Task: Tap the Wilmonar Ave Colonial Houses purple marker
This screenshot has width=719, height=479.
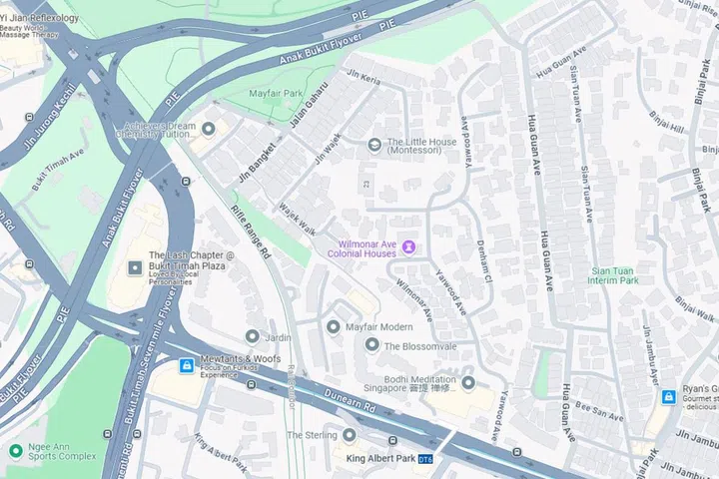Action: [408, 247]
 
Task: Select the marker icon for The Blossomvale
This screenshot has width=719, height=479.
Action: [371, 345]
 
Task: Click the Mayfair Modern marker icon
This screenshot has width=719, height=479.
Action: [334, 327]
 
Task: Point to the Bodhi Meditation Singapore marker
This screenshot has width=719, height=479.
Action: [467, 383]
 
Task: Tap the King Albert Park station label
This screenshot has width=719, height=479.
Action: [379, 458]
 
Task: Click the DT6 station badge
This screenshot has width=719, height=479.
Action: [425, 459]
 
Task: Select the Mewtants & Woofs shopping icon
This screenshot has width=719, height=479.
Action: [186, 366]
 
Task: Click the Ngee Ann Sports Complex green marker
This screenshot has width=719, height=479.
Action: [15, 450]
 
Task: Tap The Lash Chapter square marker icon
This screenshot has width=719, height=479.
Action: [136, 268]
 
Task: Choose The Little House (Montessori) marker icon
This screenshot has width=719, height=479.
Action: [374, 145]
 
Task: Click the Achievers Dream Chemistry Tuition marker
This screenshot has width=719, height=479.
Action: [209, 129]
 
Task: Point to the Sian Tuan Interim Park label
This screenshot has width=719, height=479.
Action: [614, 275]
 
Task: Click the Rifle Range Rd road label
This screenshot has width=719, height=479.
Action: [251, 234]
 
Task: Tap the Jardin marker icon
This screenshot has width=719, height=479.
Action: [253, 337]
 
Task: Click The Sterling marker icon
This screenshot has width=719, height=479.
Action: [349, 435]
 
